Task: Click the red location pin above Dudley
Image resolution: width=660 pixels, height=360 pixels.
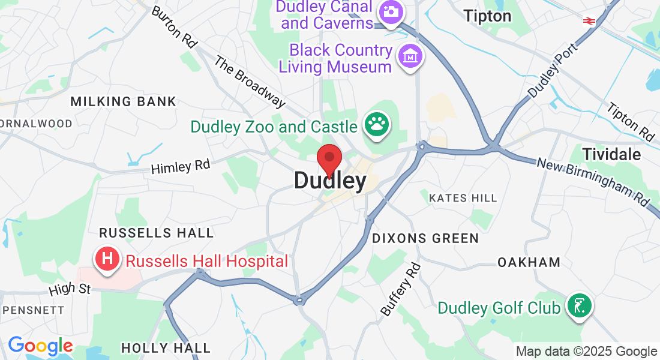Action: pos(329,159)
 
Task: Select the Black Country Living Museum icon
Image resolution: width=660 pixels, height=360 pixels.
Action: pos(411,57)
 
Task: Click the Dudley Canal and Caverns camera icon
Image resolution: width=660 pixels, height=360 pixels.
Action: pos(390,12)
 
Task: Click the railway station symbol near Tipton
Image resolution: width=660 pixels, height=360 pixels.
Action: pos(589,21)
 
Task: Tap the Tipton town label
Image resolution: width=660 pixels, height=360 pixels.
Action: pos(487,16)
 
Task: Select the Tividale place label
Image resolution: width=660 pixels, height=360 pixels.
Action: pos(611,154)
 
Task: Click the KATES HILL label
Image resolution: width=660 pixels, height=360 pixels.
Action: pos(463,198)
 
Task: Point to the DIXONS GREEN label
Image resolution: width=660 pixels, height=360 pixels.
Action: pos(425,238)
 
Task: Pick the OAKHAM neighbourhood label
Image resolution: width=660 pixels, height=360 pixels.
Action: pos(529,262)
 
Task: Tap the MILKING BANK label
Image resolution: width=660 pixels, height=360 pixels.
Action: pos(124,101)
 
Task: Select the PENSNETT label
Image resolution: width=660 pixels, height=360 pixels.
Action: pos(33,310)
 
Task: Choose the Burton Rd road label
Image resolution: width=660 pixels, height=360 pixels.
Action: pos(174,26)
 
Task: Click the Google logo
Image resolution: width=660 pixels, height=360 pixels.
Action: pos(40,346)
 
